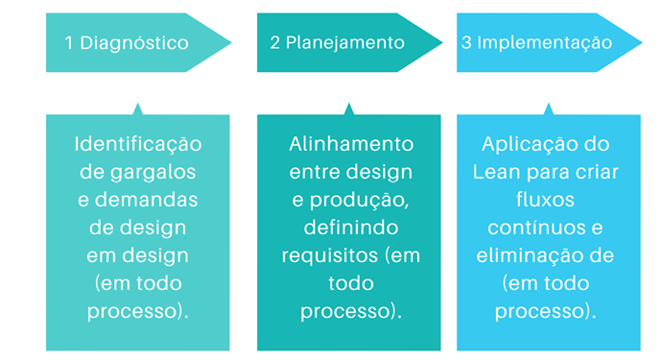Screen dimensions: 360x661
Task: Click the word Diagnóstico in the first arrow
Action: coord(134,42)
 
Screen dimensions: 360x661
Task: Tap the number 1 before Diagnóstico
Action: coord(69,42)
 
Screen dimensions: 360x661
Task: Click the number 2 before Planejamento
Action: coord(275,42)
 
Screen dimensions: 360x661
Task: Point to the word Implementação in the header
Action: coord(544,42)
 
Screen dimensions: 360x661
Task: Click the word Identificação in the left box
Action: coord(138,144)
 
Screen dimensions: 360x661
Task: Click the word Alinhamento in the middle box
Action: coord(351,144)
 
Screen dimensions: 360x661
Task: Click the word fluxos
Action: coord(549,200)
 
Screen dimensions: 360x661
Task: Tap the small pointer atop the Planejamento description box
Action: coord(348,108)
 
